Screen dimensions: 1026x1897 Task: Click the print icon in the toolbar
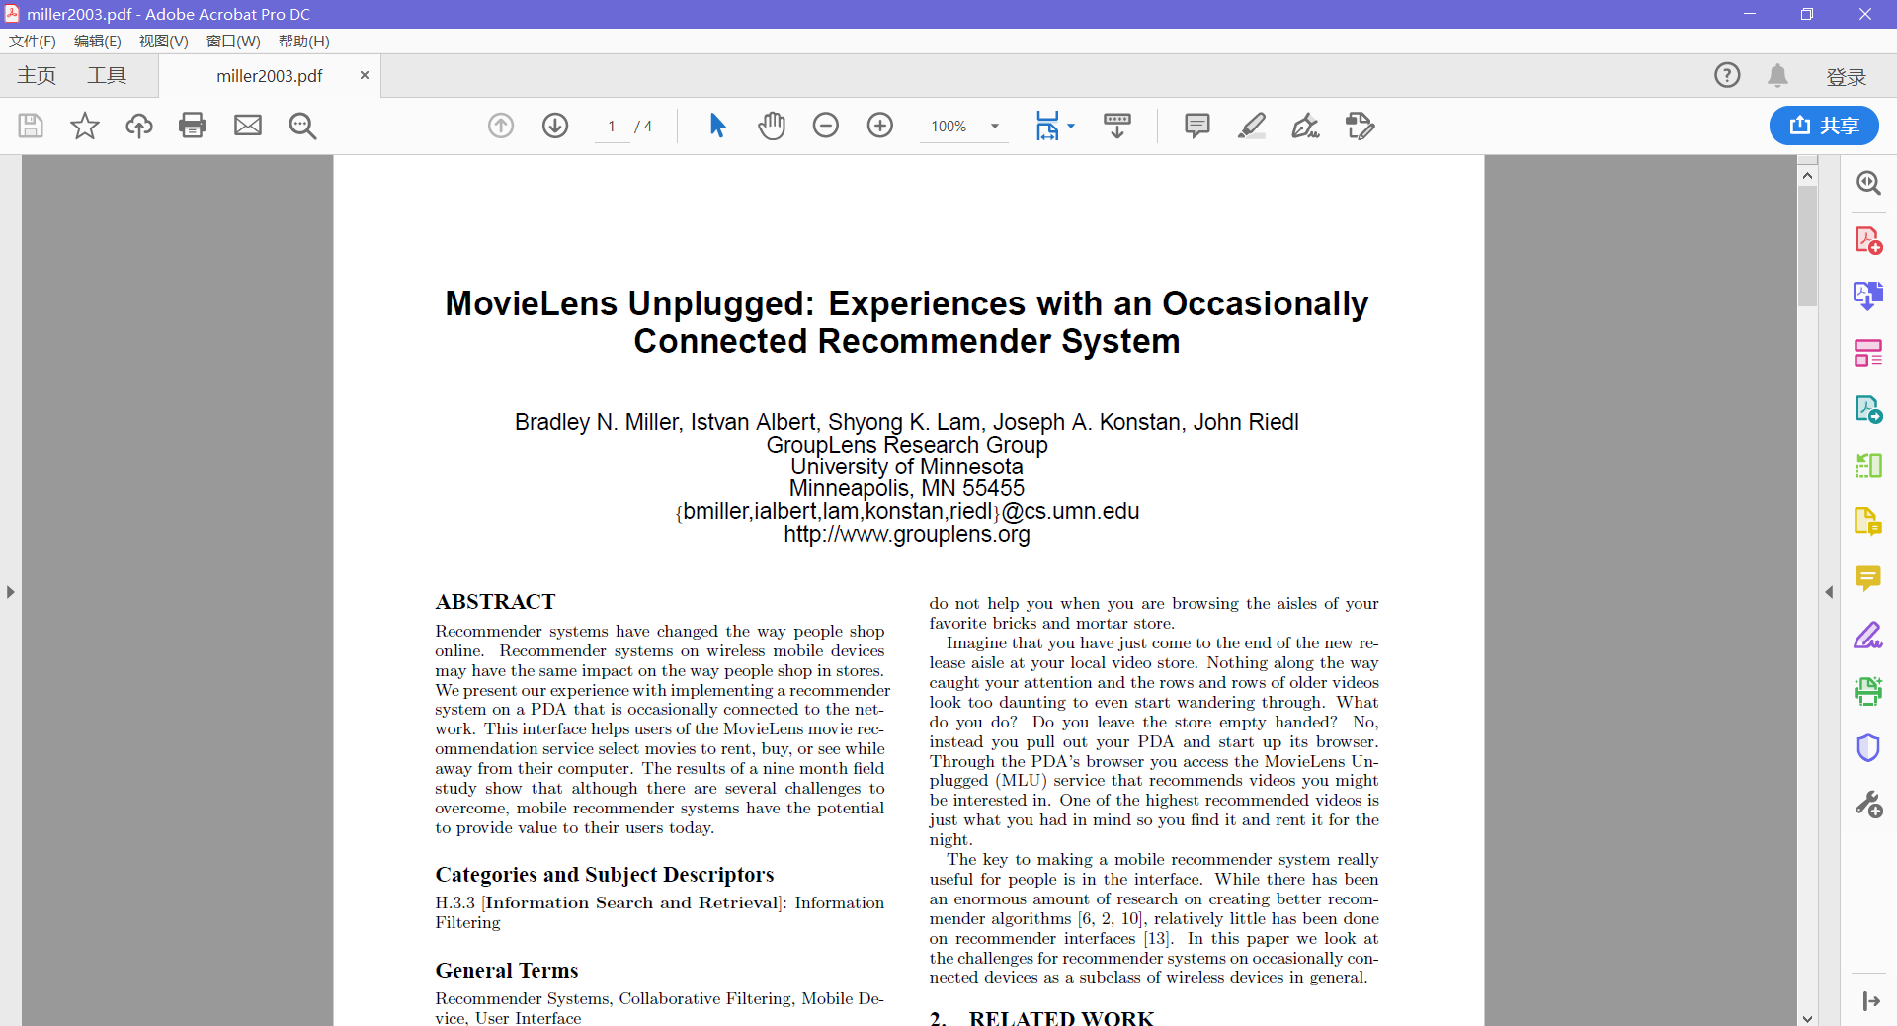click(x=193, y=126)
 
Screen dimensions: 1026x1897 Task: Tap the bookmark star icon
click(x=85, y=126)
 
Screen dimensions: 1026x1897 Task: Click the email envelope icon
click(x=247, y=126)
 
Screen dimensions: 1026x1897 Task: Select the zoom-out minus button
click(x=826, y=126)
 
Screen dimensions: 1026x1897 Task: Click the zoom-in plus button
click(x=879, y=126)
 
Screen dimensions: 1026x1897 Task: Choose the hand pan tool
click(x=772, y=126)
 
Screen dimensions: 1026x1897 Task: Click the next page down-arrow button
click(x=555, y=126)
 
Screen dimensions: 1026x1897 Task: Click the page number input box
click(x=612, y=127)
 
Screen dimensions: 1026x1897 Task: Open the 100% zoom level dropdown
click(x=994, y=127)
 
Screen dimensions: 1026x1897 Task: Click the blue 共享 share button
click(x=1824, y=126)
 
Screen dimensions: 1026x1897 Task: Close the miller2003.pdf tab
click(x=364, y=75)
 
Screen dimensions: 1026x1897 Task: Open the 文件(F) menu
click(x=33, y=41)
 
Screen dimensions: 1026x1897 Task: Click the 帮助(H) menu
click(x=303, y=41)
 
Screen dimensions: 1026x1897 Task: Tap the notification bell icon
click(x=1777, y=75)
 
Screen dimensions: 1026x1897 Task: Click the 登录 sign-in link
click(x=1846, y=76)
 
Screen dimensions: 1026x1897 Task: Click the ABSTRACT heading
click(x=495, y=602)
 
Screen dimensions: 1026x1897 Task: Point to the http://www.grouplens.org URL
click(x=906, y=535)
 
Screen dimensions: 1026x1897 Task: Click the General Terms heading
click(x=507, y=971)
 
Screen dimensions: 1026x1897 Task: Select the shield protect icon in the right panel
click(x=1867, y=748)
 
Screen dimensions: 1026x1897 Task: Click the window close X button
click(x=1864, y=14)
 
